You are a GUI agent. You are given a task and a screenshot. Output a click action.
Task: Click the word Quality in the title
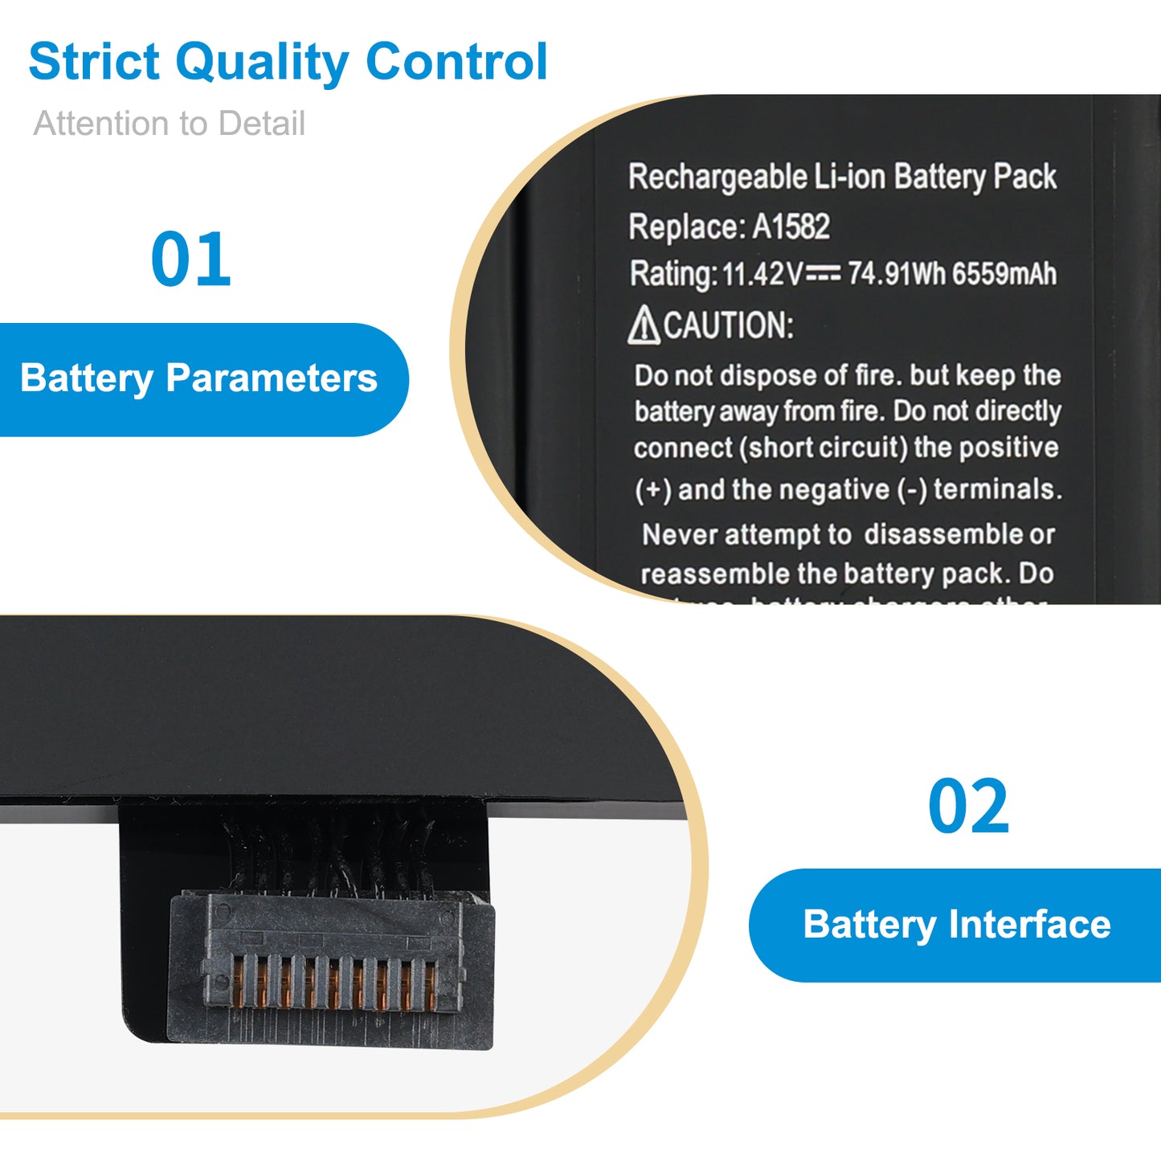[262, 63]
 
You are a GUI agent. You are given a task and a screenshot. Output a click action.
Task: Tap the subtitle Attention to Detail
[169, 124]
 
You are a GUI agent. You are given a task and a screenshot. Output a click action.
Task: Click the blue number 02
[968, 807]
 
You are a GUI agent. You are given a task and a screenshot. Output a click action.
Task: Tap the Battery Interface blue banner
[956, 925]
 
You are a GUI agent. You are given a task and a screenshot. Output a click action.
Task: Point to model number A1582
[791, 227]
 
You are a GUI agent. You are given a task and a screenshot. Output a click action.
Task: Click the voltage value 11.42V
[761, 275]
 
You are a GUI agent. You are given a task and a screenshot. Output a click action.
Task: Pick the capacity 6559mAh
[1004, 274]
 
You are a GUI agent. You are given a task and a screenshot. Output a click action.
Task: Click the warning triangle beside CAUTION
[644, 326]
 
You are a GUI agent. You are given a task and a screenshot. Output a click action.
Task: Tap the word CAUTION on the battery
[729, 326]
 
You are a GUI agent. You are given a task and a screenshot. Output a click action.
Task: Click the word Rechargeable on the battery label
[717, 177]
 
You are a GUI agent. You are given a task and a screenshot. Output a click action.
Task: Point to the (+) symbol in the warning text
[652, 490]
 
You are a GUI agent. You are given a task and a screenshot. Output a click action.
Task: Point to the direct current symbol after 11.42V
[824, 274]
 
